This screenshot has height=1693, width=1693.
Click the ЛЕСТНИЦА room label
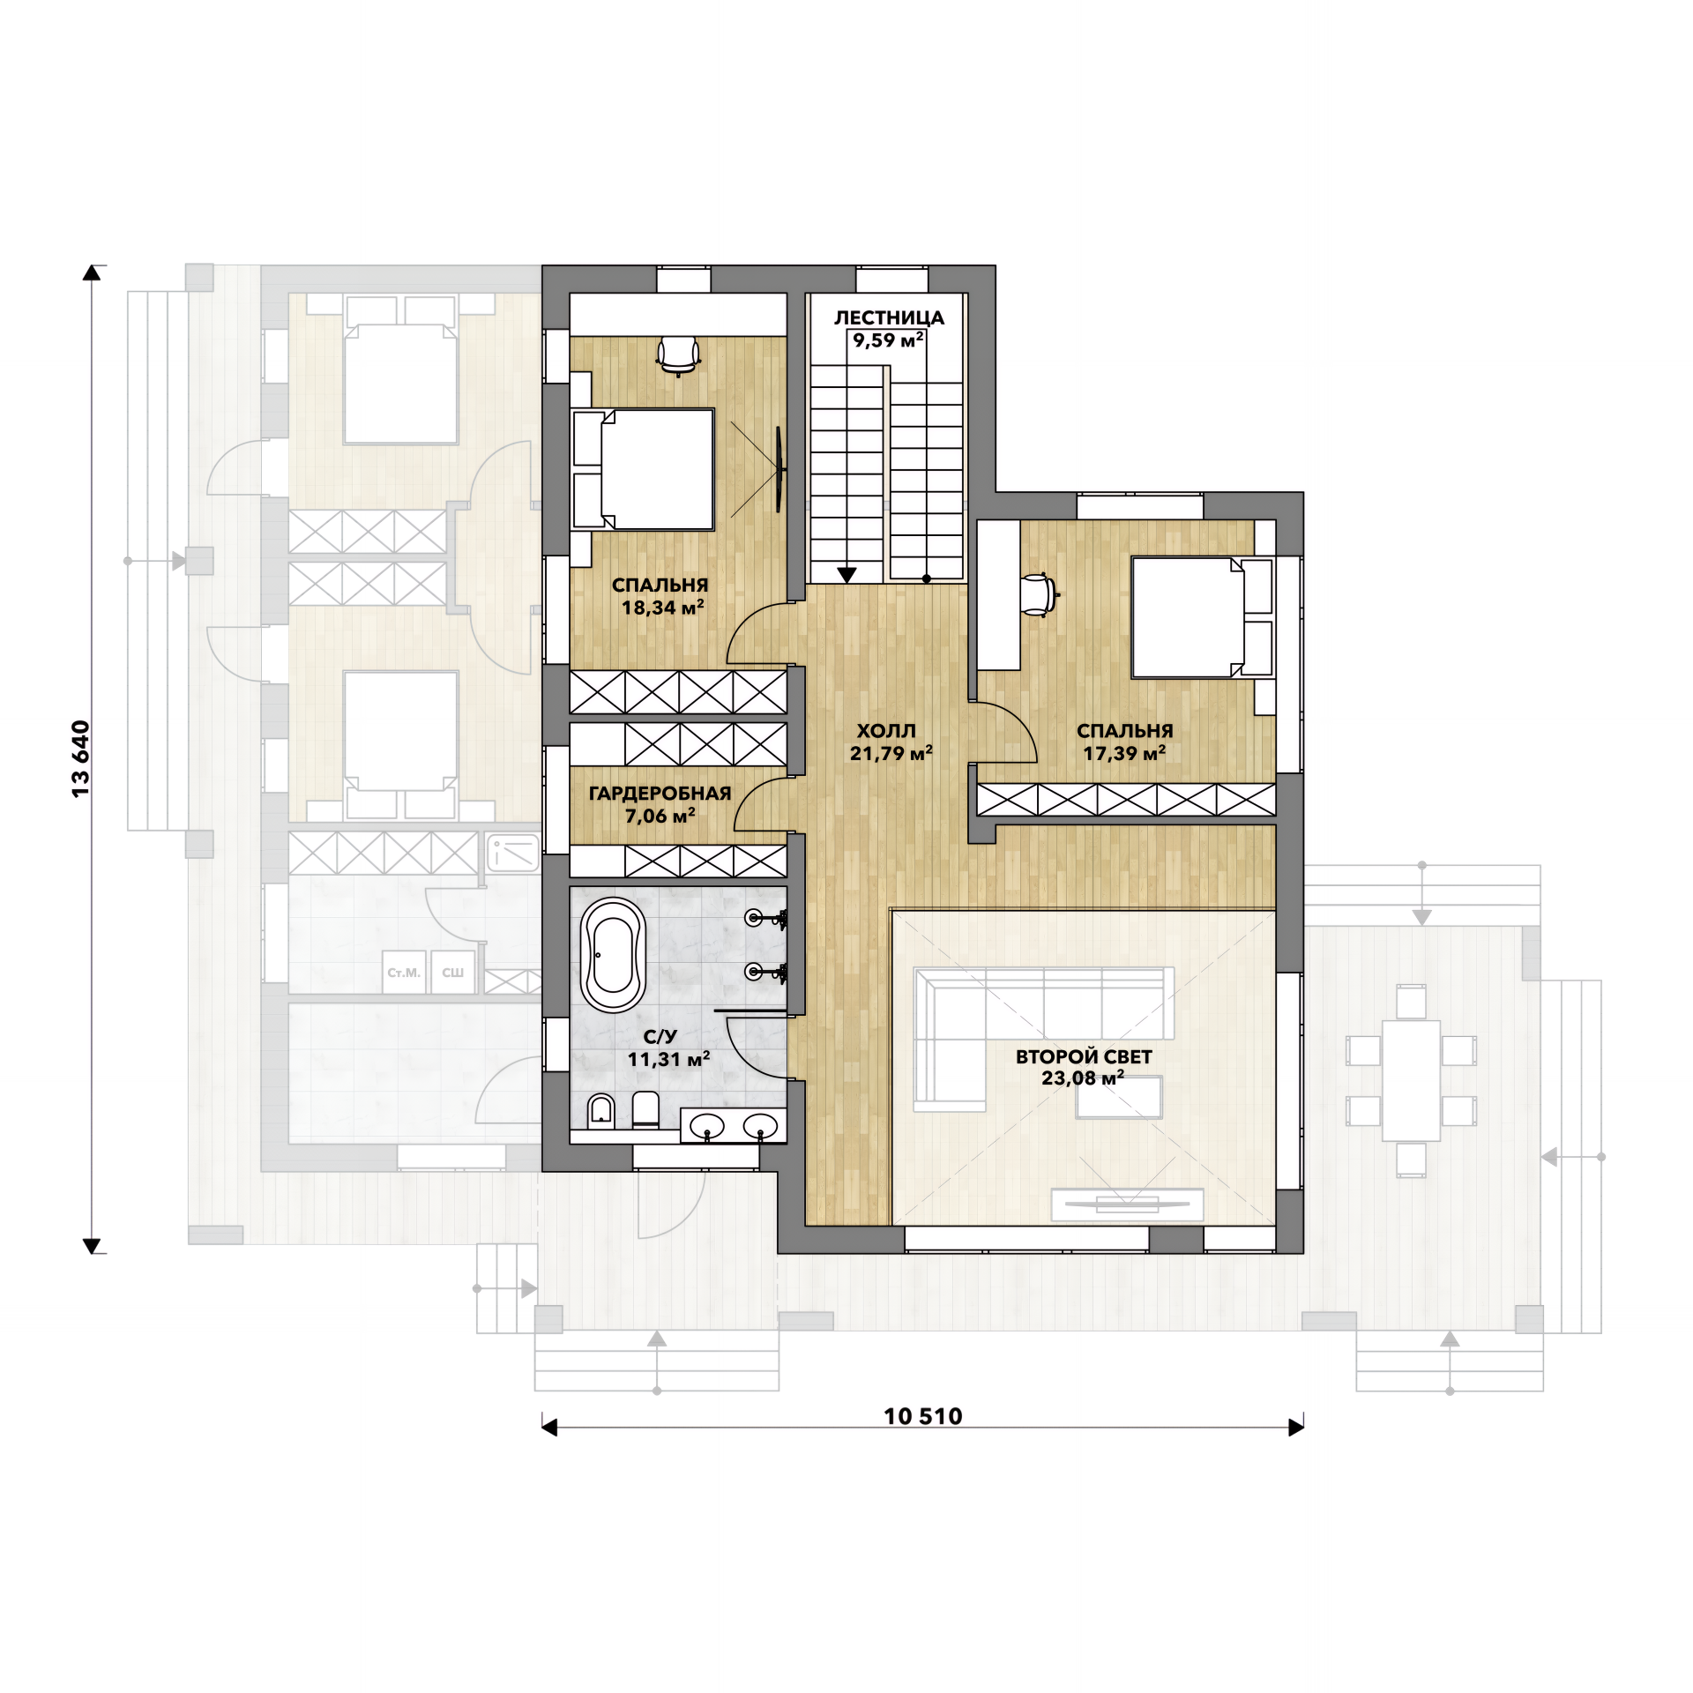[889, 317]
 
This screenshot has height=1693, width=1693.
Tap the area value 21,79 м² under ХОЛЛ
[891, 753]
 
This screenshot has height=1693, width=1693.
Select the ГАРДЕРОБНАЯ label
[660, 793]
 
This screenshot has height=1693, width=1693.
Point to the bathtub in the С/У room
[613, 955]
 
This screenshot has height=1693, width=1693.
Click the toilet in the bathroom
[645, 1110]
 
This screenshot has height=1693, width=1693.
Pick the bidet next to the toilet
[601, 1110]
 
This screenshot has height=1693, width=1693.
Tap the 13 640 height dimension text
[80, 759]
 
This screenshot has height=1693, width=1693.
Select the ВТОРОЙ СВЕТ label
[1084, 1056]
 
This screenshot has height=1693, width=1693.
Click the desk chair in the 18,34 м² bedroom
[678, 354]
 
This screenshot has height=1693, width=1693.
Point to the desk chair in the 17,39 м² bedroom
[1039, 594]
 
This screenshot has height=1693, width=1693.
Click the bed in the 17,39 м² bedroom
[1202, 617]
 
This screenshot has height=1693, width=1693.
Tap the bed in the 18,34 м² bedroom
[644, 469]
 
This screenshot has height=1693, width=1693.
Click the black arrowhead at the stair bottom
[846, 575]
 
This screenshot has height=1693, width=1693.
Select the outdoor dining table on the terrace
[1411, 1080]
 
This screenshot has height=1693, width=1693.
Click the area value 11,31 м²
[668, 1059]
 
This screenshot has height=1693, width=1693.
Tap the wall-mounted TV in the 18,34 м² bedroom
[779, 469]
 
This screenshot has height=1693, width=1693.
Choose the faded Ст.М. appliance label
[404, 973]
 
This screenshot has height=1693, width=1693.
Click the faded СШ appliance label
[453, 973]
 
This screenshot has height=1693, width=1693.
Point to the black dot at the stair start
[927, 579]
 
